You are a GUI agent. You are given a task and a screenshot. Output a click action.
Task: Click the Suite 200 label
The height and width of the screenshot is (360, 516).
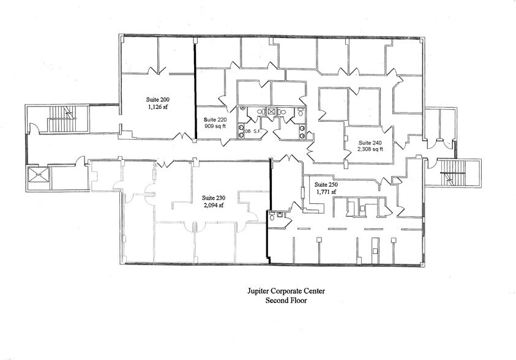tap(157, 99)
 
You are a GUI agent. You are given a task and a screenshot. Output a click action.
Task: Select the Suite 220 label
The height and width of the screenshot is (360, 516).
tap(215, 119)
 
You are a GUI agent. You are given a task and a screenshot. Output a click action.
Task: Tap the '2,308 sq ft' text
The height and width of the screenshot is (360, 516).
tap(370, 149)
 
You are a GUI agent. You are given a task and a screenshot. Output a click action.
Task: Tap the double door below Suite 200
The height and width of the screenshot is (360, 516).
tap(183, 137)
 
